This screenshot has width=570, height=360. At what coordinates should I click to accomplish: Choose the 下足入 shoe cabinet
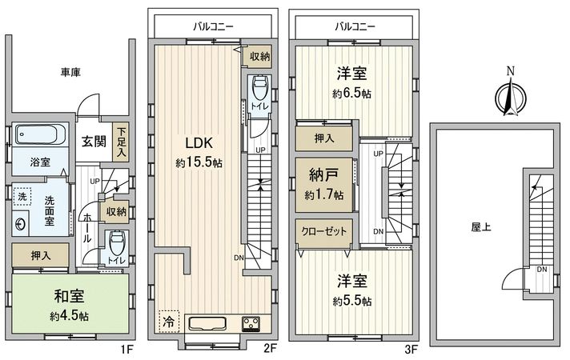point(121,141)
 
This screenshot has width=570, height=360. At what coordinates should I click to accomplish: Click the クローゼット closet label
point(325,231)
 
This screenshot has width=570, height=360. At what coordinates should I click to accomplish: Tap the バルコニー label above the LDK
point(213,26)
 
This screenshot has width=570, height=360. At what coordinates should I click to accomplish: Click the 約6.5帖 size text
point(352,92)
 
